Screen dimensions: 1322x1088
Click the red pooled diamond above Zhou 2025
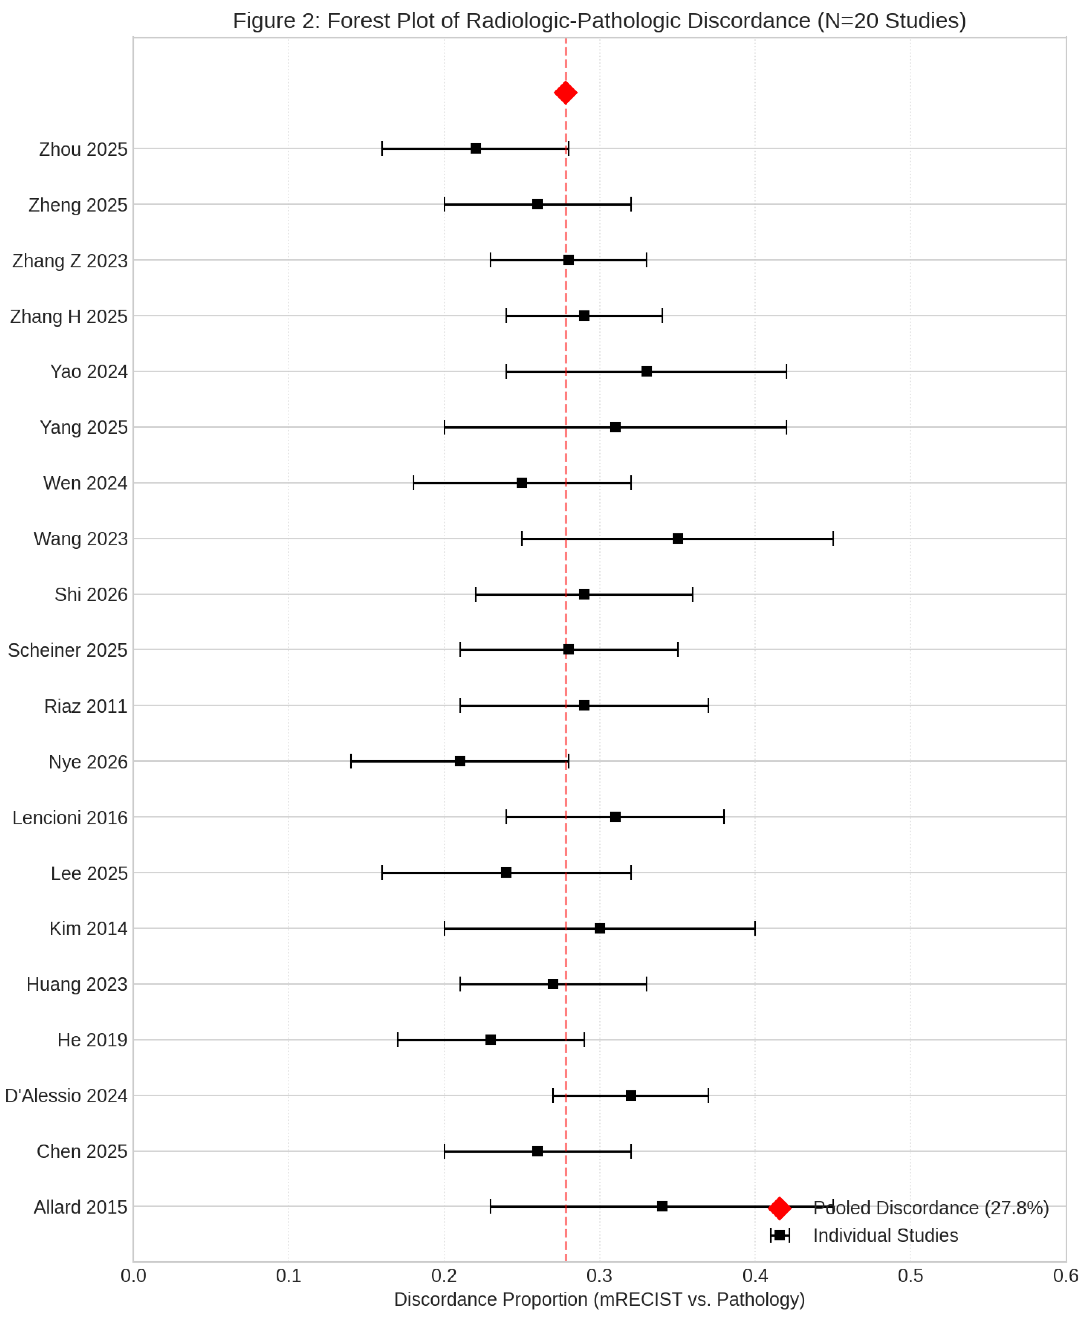click(565, 93)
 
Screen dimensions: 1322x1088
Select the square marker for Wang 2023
click(677, 538)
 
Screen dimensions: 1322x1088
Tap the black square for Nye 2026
click(460, 761)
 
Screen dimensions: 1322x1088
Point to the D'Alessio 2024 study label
click(66, 1096)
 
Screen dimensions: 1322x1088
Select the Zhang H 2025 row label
click(69, 316)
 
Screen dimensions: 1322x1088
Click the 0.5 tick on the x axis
click(910, 1276)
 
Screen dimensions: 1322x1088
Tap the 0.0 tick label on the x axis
click(133, 1276)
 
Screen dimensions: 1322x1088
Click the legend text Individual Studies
click(885, 1235)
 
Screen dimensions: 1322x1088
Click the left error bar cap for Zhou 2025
click(382, 148)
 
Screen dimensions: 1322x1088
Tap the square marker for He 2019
click(491, 1040)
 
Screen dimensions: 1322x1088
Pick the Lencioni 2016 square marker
click(616, 817)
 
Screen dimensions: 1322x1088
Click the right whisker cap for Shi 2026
click(693, 594)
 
